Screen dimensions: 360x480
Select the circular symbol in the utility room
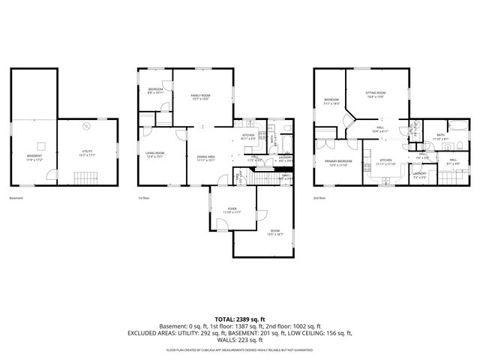coord(86,125)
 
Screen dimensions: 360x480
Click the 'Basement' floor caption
coord(16,198)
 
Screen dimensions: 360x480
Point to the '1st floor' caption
coord(142,198)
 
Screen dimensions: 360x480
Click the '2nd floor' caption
coord(319,198)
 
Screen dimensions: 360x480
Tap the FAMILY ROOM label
coord(200,97)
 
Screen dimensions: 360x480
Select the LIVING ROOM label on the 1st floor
coord(155,154)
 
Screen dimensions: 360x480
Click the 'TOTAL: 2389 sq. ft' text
coord(239,319)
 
